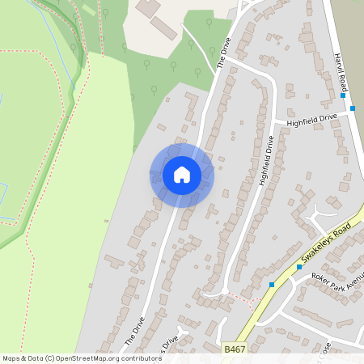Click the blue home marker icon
182,175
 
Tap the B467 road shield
234,349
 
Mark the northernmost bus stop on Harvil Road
343,95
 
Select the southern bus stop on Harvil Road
353,108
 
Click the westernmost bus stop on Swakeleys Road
271,285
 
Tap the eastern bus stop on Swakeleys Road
298,266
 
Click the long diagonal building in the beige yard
163,28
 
